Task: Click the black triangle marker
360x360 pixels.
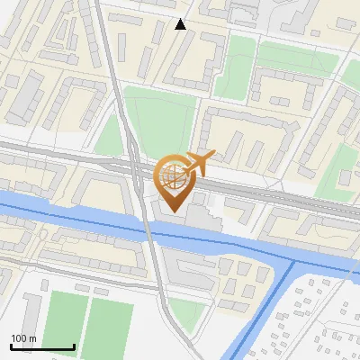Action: (181, 24)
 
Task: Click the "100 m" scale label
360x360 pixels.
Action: (23, 338)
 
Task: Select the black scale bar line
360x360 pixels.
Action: (42, 346)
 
